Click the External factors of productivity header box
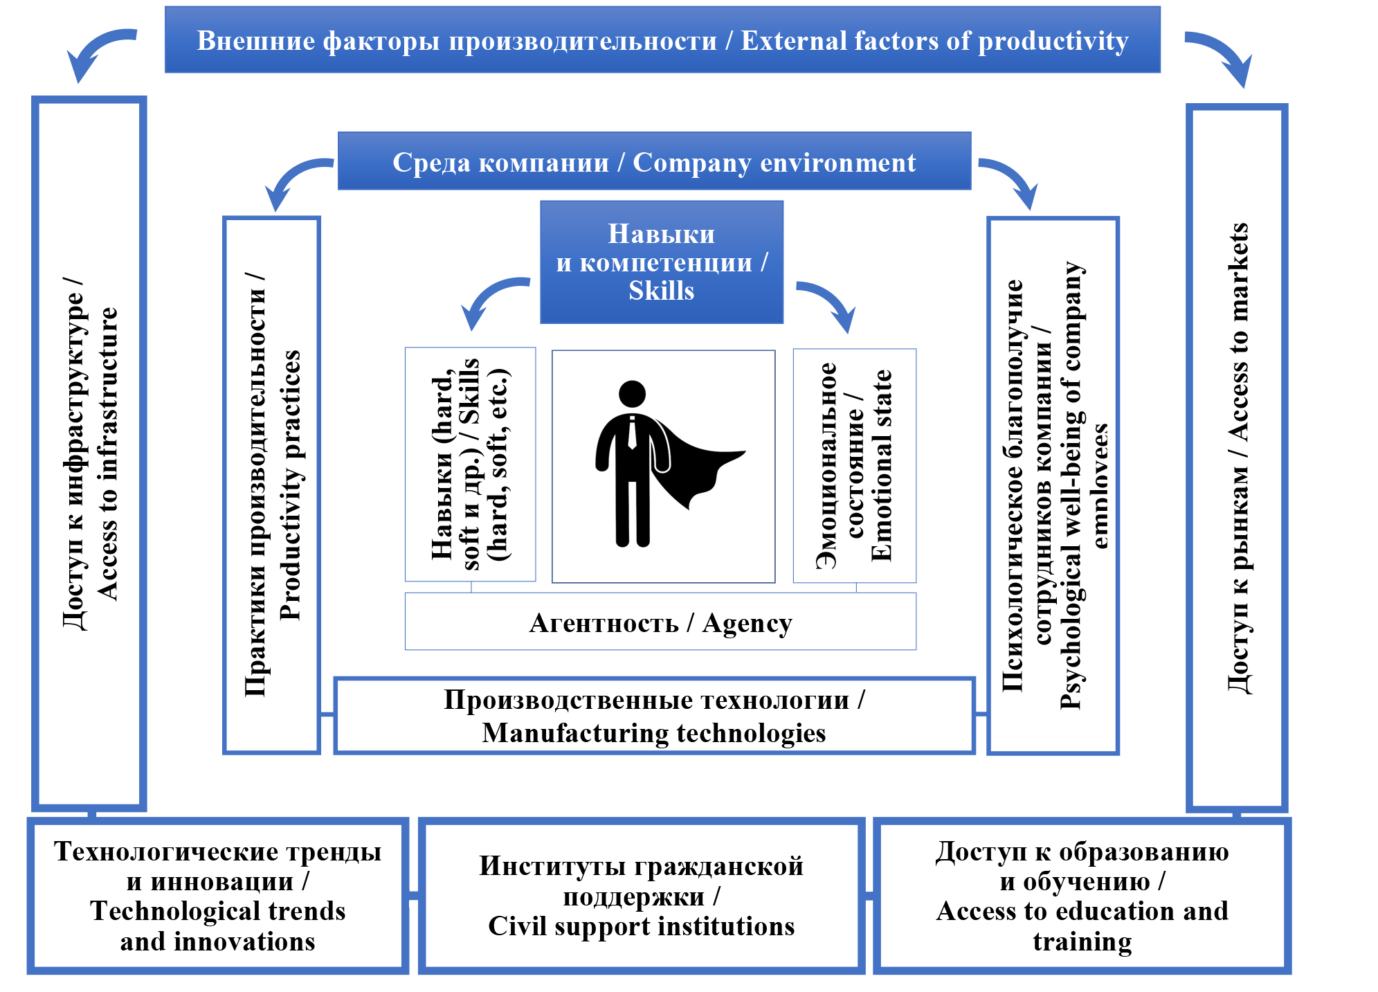tap(662, 40)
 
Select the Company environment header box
tap(654, 161)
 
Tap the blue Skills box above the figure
tap(662, 262)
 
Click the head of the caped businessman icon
tap(632, 393)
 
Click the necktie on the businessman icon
tap(632, 433)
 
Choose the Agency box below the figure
tap(660, 622)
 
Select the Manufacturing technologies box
tap(654, 716)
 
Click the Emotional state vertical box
tap(855, 465)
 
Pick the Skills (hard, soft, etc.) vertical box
tap(470, 465)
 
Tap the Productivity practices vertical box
tap(272, 485)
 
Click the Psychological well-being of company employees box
tap(1053, 485)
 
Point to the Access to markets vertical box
tap(1237, 457)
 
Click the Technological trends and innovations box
tap(217, 896)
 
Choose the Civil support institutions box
tap(642, 896)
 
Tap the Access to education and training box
tap(1082, 896)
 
